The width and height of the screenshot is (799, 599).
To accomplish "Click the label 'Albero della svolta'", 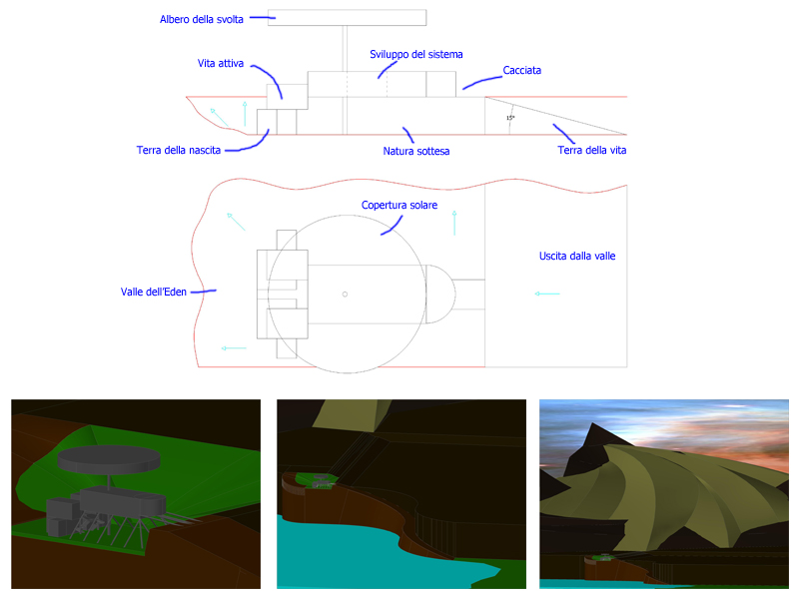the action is pyautogui.click(x=202, y=19).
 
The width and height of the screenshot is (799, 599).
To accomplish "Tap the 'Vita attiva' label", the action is pyautogui.click(x=220, y=63).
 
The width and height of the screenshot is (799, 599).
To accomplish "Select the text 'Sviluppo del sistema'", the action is pyautogui.click(x=415, y=55).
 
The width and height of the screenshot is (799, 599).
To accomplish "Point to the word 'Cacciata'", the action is pyautogui.click(x=521, y=70).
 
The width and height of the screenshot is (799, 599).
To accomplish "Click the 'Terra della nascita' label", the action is pyautogui.click(x=179, y=151).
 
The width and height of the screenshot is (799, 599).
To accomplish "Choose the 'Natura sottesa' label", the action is pyautogui.click(x=415, y=152).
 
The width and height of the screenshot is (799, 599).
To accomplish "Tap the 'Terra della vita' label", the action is pyautogui.click(x=591, y=151).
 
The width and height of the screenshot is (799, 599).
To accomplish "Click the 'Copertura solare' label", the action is pyautogui.click(x=399, y=205).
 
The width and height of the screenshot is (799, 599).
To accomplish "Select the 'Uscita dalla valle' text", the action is pyautogui.click(x=577, y=256).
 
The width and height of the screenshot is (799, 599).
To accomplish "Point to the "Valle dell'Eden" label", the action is pyautogui.click(x=154, y=292).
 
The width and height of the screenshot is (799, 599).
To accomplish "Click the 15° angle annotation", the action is pyautogui.click(x=510, y=118).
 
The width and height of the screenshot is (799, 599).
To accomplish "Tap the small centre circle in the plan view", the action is pyautogui.click(x=345, y=295).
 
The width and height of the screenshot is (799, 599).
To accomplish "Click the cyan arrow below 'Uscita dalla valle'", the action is pyautogui.click(x=546, y=294).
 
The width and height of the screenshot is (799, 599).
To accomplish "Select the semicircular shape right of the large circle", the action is pyautogui.click(x=440, y=294).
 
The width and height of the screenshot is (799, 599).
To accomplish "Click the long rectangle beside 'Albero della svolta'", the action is pyautogui.click(x=347, y=17).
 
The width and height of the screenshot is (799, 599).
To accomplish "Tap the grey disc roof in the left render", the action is pyautogui.click(x=109, y=458).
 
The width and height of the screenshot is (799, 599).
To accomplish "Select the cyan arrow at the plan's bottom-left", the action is pyautogui.click(x=234, y=348).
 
